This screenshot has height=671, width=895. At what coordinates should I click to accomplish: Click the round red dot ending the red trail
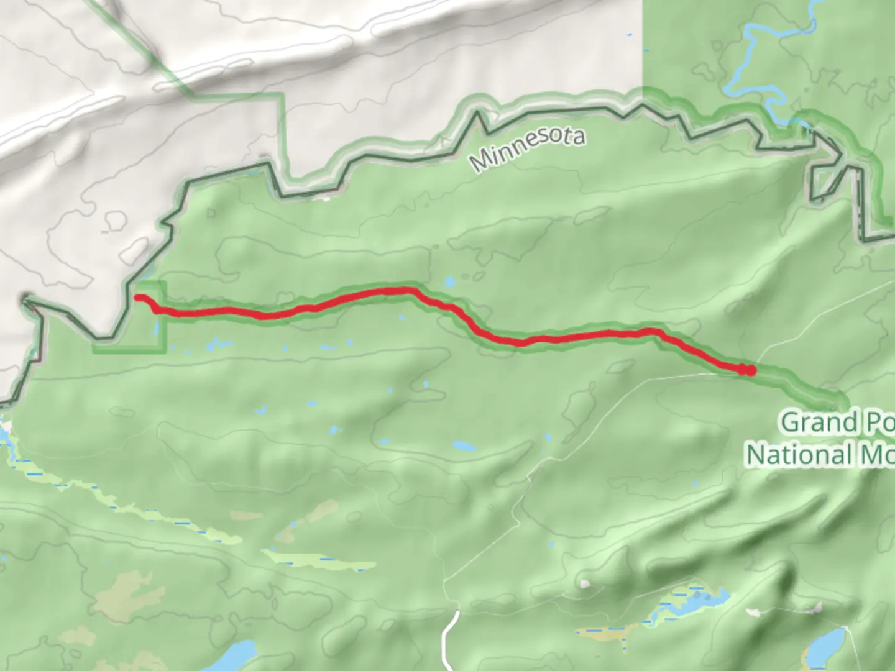750,371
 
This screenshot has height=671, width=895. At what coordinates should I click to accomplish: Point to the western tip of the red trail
137,298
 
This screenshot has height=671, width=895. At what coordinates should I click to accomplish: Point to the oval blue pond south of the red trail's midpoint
464,446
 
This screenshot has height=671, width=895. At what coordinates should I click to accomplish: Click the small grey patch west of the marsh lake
584,584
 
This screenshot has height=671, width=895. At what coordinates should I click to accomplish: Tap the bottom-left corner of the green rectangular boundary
94,352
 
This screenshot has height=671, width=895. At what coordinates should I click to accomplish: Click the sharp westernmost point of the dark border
25,301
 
